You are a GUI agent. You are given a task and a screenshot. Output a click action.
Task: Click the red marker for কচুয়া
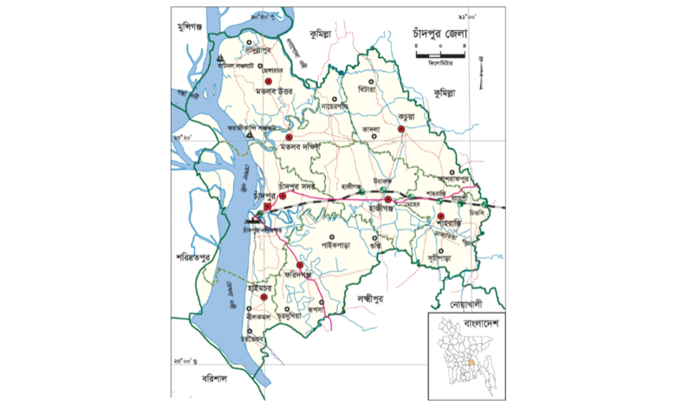(402, 129)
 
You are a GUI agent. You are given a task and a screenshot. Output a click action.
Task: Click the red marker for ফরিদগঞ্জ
(300, 266)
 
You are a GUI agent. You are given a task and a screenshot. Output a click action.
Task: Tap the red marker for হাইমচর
(263, 298)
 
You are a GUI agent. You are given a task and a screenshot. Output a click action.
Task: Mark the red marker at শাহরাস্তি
(440, 216)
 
